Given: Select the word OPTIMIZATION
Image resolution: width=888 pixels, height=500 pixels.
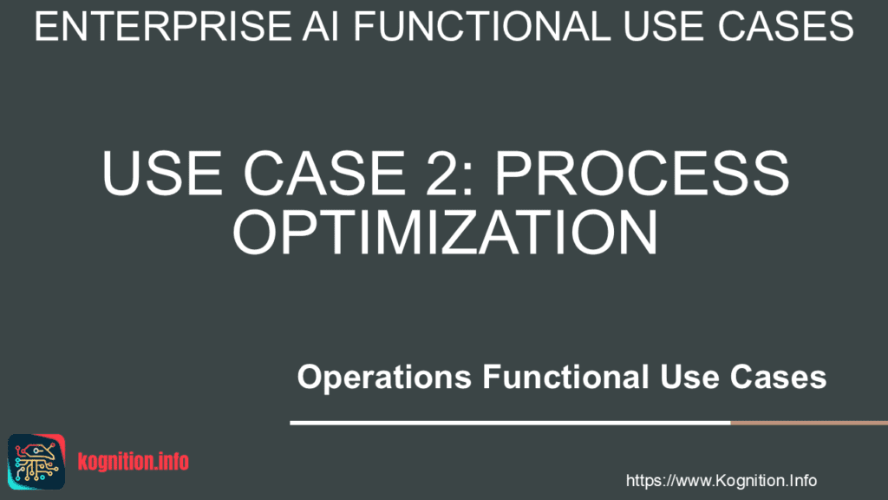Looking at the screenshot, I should [444, 230].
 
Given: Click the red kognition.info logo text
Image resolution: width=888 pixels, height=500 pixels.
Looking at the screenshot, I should [133, 462].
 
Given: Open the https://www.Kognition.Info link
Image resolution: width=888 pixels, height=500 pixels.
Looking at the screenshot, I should [721, 480].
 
